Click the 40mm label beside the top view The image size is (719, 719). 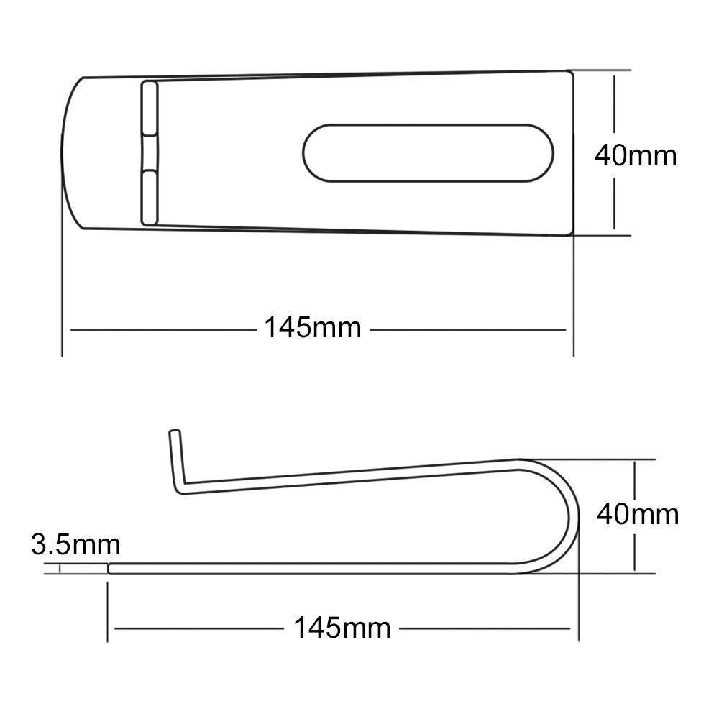pyautogui.click(x=636, y=155)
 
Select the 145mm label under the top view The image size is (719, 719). pyautogui.click(x=312, y=328)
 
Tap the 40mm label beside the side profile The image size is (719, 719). pyautogui.click(x=638, y=514)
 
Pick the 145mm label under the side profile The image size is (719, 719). pyautogui.click(x=342, y=628)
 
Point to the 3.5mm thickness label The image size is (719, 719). pyautogui.click(x=75, y=544)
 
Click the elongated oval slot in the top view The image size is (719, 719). pyautogui.click(x=429, y=152)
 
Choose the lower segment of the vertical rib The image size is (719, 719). pyautogui.click(x=149, y=197)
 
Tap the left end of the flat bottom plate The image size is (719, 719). pyautogui.click(x=111, y=569)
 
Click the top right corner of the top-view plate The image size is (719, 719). pyautogui.click(x=571, y=73)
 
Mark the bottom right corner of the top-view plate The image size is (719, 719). pyautogui.click(x=571, y=232)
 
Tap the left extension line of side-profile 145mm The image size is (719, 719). pyautogui.click(x=108, y=611)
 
